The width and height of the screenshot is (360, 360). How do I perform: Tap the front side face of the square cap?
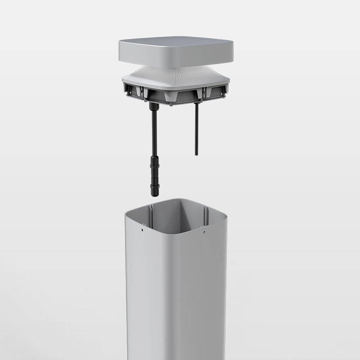click(x=175, y=56)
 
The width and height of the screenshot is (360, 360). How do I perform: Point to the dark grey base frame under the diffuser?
click(x=175, y=95)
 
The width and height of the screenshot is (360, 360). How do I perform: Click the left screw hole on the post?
click(x=142, y=230)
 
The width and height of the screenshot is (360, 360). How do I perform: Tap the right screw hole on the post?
click(x=203, y=232)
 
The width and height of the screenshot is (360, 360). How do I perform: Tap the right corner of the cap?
click(x=232, y=52)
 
